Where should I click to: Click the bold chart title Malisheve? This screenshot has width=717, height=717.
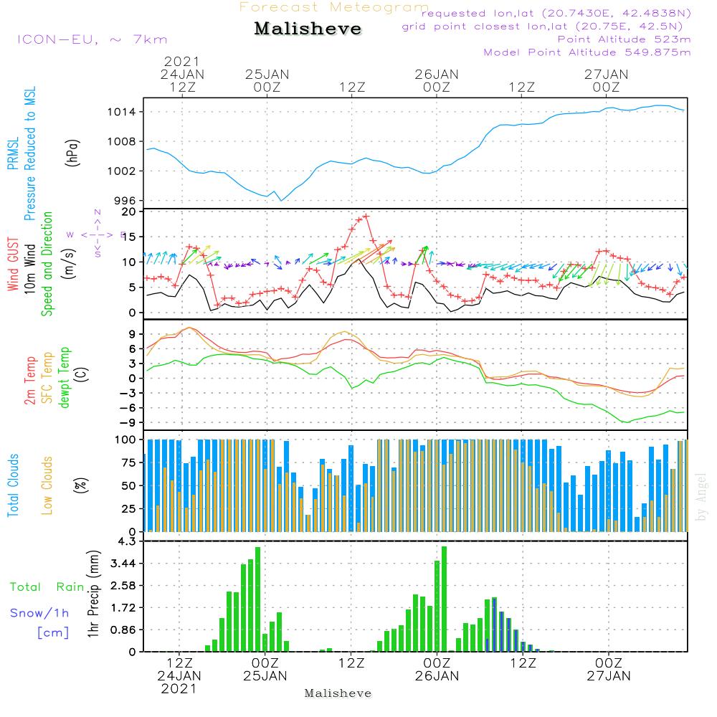click(308, 29)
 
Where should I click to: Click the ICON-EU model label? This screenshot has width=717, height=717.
click(91, 39)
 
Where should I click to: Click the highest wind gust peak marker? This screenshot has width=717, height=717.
click(366, 216)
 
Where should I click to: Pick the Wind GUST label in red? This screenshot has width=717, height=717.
click(13, 265)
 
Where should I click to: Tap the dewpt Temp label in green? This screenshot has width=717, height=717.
click(65, 378)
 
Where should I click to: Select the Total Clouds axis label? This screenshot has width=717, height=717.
click(13, 485)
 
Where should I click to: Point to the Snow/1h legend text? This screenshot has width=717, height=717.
click(41, 613)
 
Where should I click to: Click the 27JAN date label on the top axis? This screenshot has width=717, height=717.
click(607, 74)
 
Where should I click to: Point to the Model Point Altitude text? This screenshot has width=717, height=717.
click(587, 52)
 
